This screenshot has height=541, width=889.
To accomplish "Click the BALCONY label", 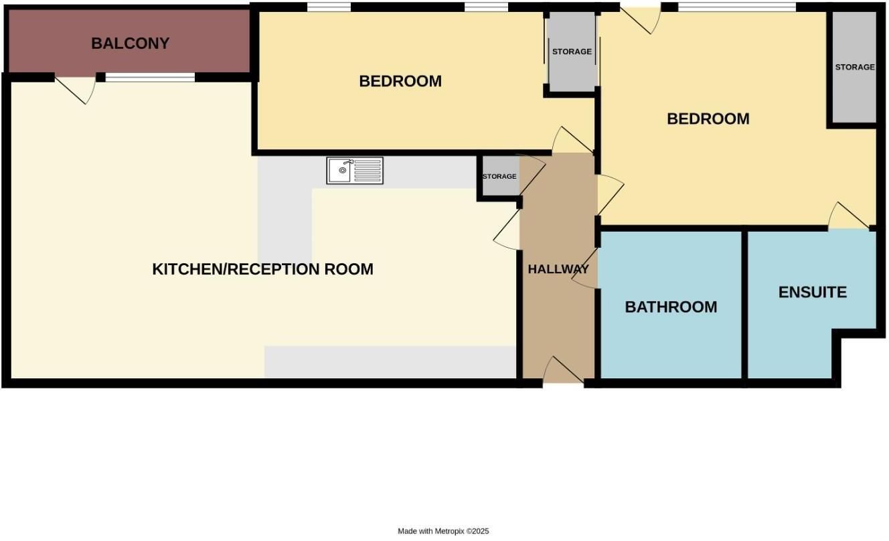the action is coord(130,44).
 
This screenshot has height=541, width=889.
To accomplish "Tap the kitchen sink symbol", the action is coord(355,171).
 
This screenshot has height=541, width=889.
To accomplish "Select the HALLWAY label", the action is coord(558,269).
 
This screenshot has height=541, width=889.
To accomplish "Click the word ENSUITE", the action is coord(813,292).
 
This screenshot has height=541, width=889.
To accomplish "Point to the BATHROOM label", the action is coord(671,307).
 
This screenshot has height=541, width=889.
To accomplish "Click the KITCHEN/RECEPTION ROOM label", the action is coord(262,269).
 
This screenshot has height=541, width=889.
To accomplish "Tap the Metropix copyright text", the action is coord(443,531).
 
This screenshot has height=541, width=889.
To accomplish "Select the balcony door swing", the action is coord(76,90).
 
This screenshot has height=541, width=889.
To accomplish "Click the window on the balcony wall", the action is coord(150,78).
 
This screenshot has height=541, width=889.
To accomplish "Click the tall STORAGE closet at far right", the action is coord(854,68).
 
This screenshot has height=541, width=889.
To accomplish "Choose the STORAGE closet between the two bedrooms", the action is coord(572,51).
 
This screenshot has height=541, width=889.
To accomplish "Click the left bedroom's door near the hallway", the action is coord(572,140).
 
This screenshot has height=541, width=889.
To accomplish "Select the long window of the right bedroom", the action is coord(736,7).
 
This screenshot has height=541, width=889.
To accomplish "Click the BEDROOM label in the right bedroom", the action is coord(708,119).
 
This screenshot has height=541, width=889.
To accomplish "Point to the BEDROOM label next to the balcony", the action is coord(400,82).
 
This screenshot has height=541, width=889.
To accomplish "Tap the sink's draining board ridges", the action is coord(368,171).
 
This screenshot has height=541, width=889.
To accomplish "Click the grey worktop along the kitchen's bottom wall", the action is coord(390,362).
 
